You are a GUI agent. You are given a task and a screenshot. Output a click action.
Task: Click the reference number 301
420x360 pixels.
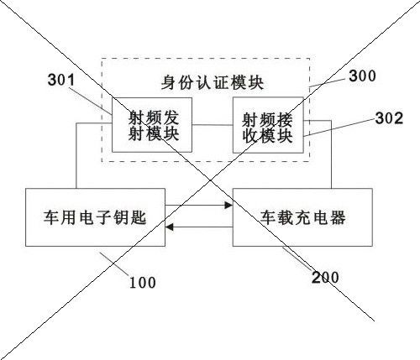(x=61, y=80)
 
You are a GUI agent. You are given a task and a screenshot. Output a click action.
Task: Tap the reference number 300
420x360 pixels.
(x=362, y=76)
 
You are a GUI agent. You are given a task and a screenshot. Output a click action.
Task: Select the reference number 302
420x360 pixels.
(x=389, y=118)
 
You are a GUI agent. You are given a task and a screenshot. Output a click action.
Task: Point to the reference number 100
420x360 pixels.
(x=142, y=283)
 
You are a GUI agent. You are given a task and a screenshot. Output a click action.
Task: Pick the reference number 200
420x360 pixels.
(x=325, y=278)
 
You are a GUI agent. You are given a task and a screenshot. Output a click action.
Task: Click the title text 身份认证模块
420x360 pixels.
(x=213, y=83)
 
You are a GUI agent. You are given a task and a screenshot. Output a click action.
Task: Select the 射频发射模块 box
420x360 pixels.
(x=152, y=125)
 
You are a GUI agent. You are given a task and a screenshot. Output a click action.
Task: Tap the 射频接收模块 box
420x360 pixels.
(x=268, y=125)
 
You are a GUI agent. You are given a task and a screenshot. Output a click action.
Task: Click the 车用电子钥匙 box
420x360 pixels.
(x=95, y=217)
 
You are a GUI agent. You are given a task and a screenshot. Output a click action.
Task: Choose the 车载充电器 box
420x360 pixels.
(x=302, y=217)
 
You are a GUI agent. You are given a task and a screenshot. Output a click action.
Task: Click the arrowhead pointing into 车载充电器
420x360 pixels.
(x=229, y=206)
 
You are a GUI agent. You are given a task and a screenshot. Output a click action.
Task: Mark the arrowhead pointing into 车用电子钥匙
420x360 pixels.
(x=169, y=227)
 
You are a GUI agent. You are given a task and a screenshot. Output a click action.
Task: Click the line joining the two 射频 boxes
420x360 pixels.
(x=213, y=125)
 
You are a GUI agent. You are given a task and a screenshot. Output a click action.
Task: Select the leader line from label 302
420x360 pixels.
(x=339, y=128)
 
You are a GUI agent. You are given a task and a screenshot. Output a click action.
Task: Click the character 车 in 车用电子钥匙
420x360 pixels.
(x=51, y=217)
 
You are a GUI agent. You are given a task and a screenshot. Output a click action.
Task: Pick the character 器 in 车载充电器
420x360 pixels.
(x=338, y=217)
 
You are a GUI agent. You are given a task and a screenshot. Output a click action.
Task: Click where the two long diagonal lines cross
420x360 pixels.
(x=211, y=180)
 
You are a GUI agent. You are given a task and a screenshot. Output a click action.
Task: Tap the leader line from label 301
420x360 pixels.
(x=90, y=101)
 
